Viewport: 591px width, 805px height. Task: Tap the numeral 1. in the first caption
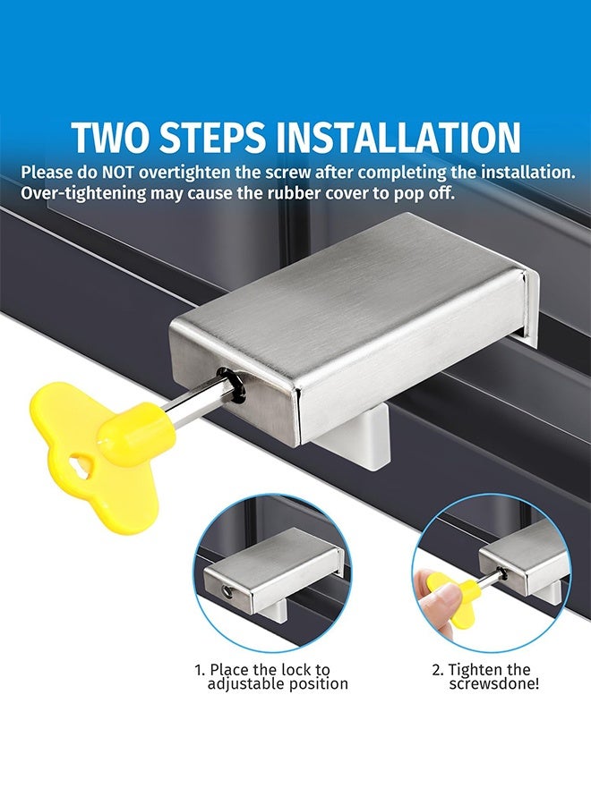[200, 669]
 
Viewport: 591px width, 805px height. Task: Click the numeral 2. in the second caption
[438, 669]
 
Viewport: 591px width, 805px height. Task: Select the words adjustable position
[278, 684]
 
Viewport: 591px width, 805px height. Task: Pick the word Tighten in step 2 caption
[476, 669]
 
